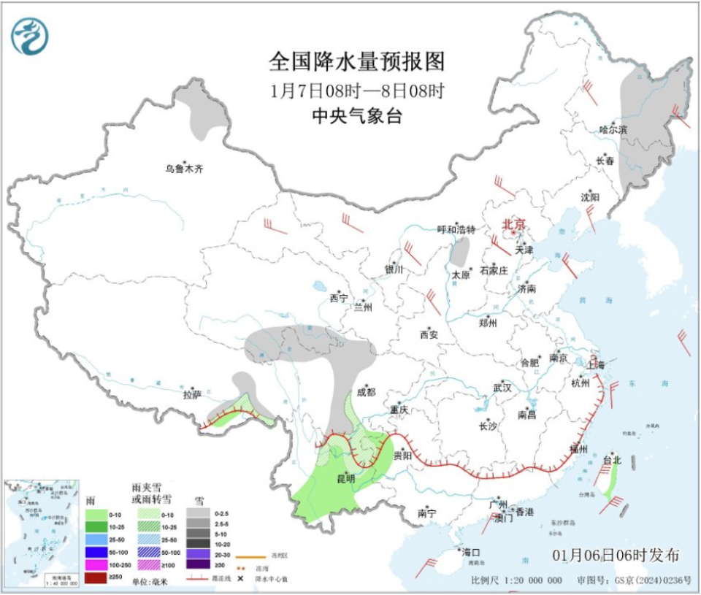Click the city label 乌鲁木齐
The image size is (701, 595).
(183, 169)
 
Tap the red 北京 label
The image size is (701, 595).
(513, 225)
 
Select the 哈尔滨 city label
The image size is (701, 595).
(613, 129)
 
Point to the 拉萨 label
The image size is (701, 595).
(191, 394)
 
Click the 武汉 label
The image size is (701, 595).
(502, 387)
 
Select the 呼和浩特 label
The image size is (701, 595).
(456, 229)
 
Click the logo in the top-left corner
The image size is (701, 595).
(30, 36)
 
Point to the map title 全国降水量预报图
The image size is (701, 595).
(357, 62)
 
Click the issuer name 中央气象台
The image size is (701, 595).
(357, 116)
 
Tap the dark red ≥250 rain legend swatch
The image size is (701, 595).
(96, 578)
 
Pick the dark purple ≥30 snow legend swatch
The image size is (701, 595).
(198, 564)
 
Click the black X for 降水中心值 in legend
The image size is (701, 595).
(240, 578)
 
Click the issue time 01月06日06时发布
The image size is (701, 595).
(616, 556)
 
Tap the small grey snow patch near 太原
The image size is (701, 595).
(460, 253)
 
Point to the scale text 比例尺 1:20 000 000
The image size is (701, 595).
(516, 580)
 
